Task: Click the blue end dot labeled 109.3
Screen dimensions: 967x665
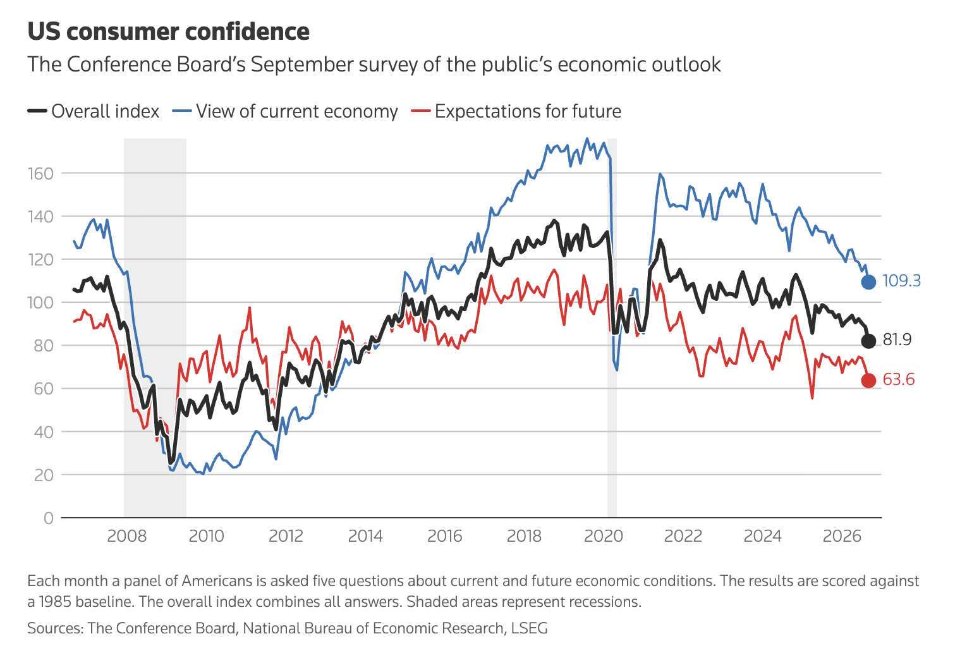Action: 868,282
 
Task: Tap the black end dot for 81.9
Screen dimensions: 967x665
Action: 868,341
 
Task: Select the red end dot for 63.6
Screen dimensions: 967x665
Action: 868,381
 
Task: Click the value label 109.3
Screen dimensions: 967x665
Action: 901,281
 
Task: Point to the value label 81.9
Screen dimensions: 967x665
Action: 897,340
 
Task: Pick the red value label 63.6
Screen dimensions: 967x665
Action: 898,379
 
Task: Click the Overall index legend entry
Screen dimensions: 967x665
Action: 94,111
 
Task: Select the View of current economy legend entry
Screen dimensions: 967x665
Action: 285,111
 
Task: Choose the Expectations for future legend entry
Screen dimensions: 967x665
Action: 516,111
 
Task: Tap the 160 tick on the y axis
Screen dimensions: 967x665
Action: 40,174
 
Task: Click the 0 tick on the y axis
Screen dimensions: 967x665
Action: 48,518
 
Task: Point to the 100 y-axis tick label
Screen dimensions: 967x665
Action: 40,303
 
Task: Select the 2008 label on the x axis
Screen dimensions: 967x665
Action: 127,536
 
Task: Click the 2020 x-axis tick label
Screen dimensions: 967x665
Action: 604,536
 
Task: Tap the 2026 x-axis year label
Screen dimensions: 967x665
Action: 842,536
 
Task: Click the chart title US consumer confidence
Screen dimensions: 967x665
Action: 168,32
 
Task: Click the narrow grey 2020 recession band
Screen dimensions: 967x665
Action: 612,327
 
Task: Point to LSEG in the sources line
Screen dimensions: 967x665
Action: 529,628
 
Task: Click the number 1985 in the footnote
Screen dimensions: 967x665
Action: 55,602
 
